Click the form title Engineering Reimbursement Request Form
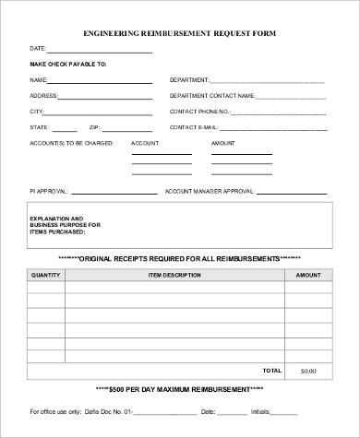(179, 32)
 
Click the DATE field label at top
(38, 48)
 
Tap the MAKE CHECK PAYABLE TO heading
(67, 64)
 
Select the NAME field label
(39, 80)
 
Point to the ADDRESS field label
(43, 95)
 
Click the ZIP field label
(94, 126)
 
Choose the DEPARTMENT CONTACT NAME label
(213, 95)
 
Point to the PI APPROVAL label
(48, 191)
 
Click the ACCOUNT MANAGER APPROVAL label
(209, 191)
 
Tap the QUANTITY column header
(45, 275)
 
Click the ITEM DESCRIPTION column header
(174, 275)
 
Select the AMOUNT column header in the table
(307, 275)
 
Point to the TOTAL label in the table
(272, 370)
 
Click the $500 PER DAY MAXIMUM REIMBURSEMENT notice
(179, 390)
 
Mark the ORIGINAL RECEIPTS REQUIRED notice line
(179, 257)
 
